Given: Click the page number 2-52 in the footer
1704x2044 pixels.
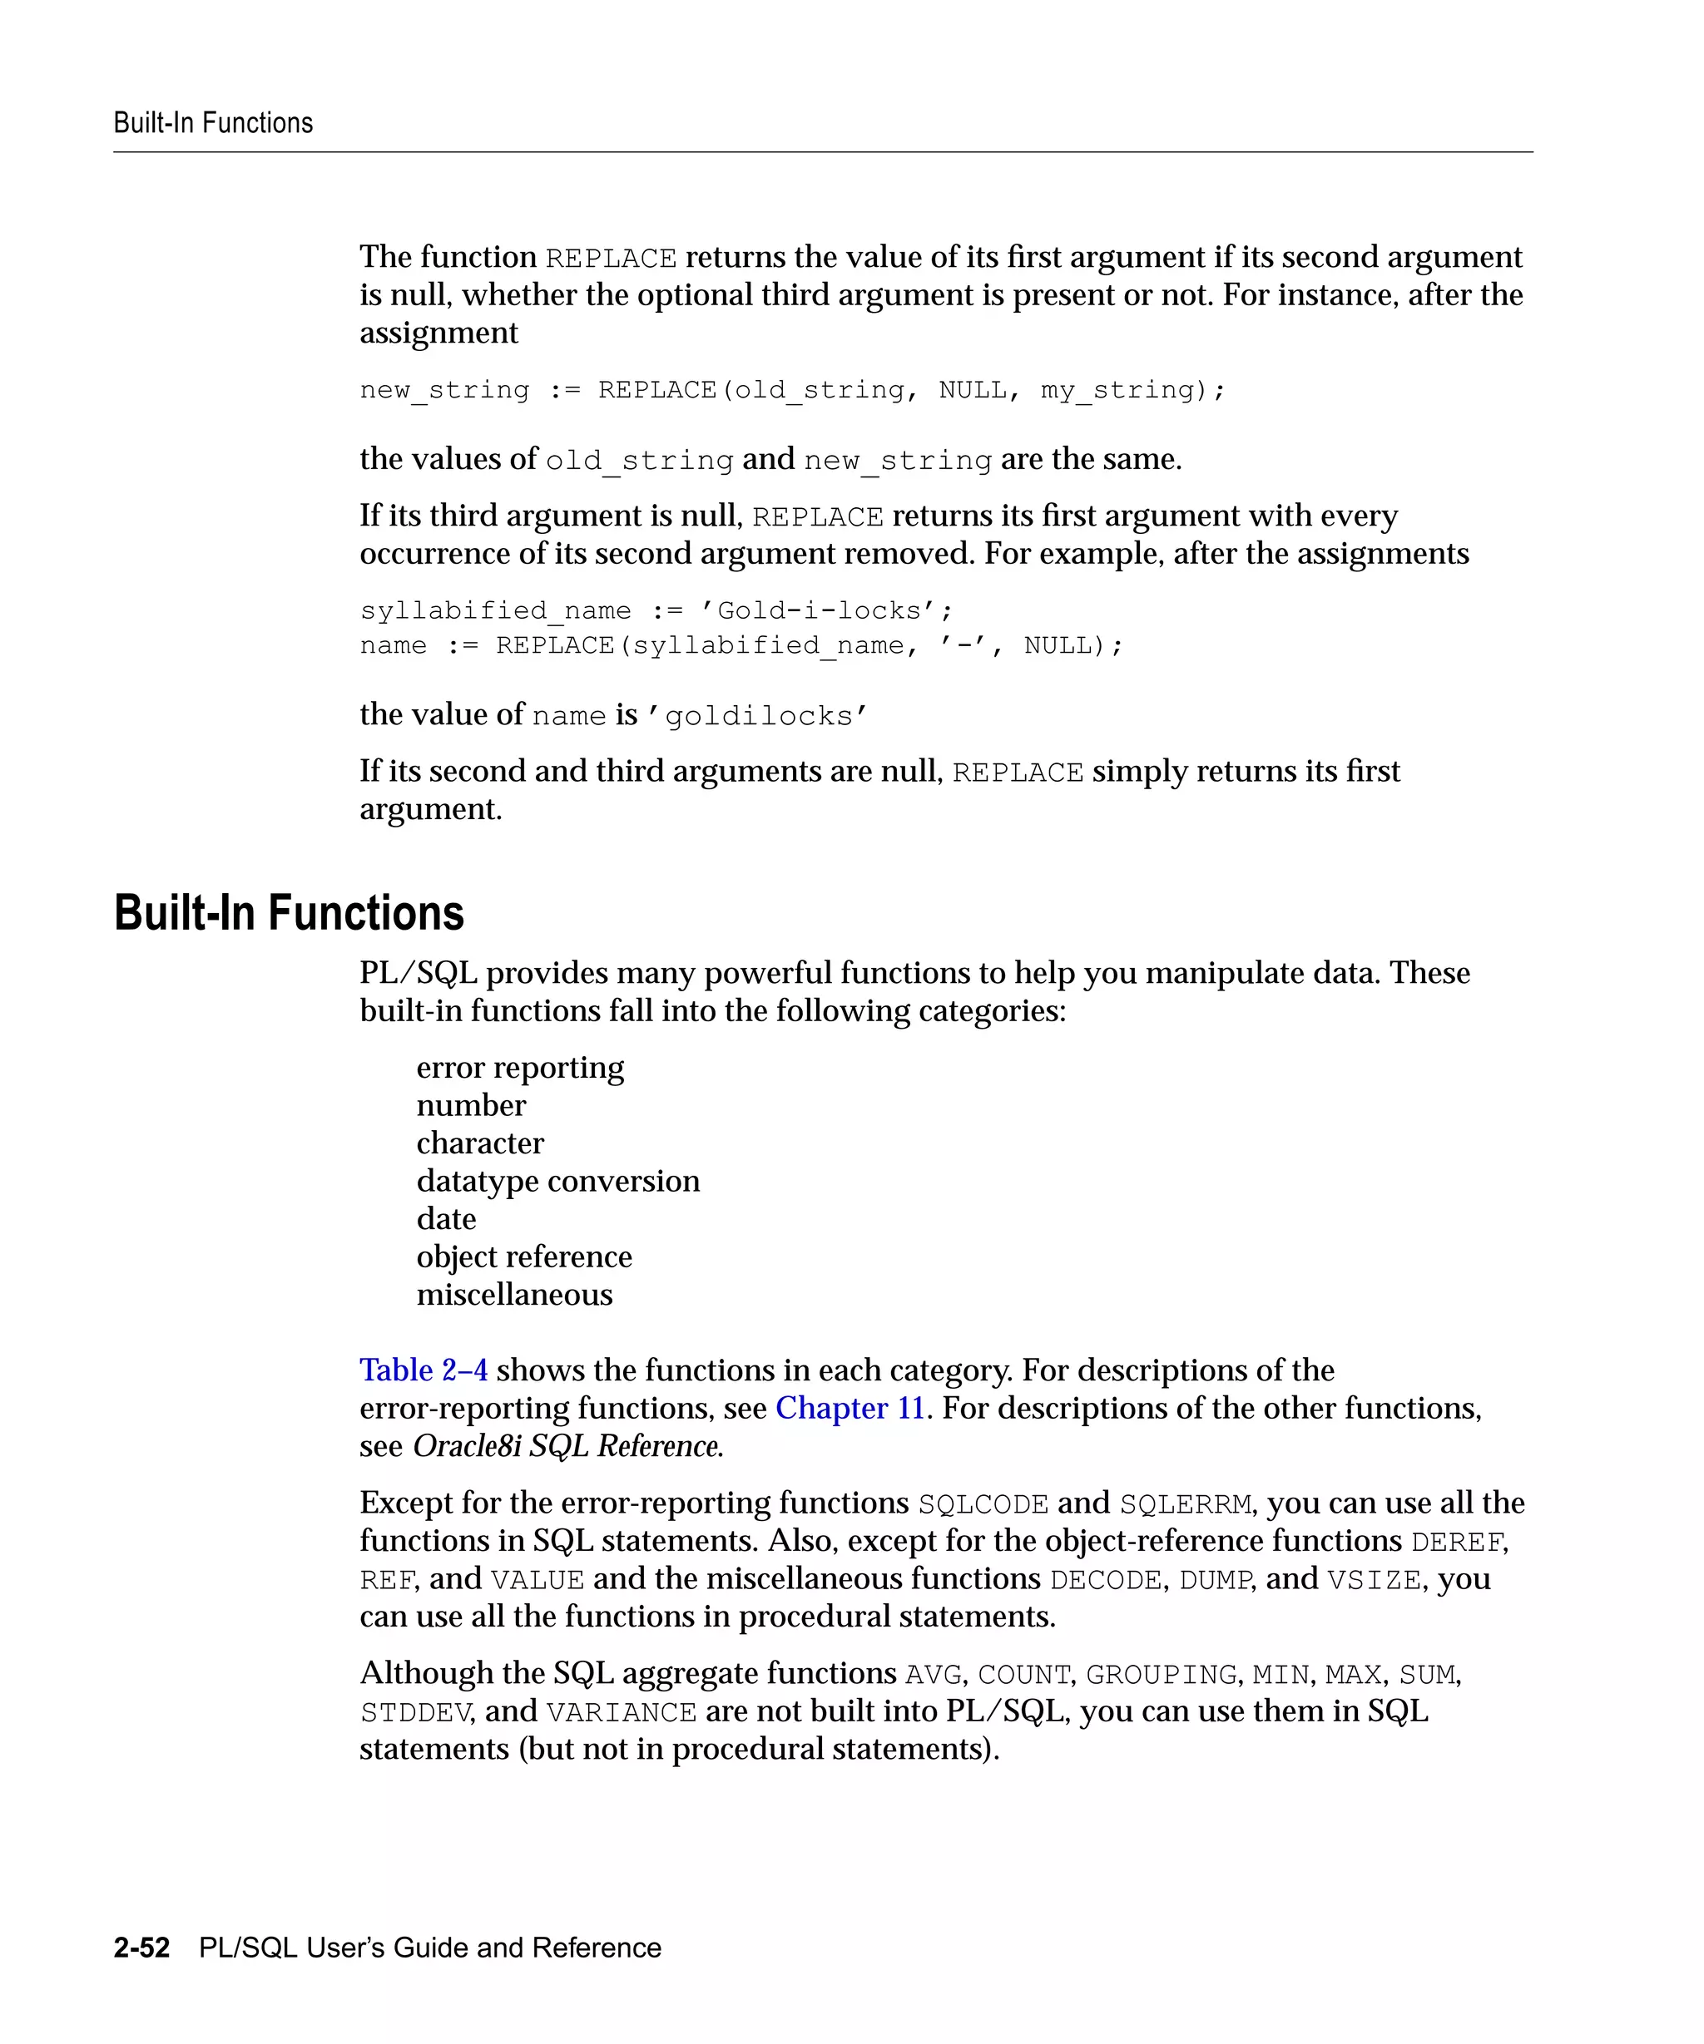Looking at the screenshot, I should (x=141, y=1948).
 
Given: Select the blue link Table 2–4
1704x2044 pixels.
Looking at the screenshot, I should (x=424, y=1370).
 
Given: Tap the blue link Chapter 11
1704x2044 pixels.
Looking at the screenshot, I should (x=849, y=1409).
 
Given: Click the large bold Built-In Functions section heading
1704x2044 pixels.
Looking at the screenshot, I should (x=290, y=913).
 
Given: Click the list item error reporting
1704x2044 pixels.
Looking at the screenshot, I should (x=520, y=1068).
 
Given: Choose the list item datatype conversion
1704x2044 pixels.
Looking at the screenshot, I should (x=558, y=1182).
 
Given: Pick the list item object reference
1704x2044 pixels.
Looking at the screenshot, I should (x=524, y=1257).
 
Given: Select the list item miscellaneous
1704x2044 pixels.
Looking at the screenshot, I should (x=514, y=1296).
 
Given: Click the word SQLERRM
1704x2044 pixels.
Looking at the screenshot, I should (x=1185, y=1505).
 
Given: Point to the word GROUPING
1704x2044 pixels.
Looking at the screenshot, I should (x=1161, y=1675).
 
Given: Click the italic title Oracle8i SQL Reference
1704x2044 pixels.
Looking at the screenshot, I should (x=567, y=1446).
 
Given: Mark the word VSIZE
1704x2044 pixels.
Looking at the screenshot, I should (x=1373, y=1581).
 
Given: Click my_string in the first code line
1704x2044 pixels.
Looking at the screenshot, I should (x=1117, y=390).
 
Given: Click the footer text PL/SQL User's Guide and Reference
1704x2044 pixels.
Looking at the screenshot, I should (x=429, y=1948).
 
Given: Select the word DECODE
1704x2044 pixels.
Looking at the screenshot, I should (x=1105, y=1581).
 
